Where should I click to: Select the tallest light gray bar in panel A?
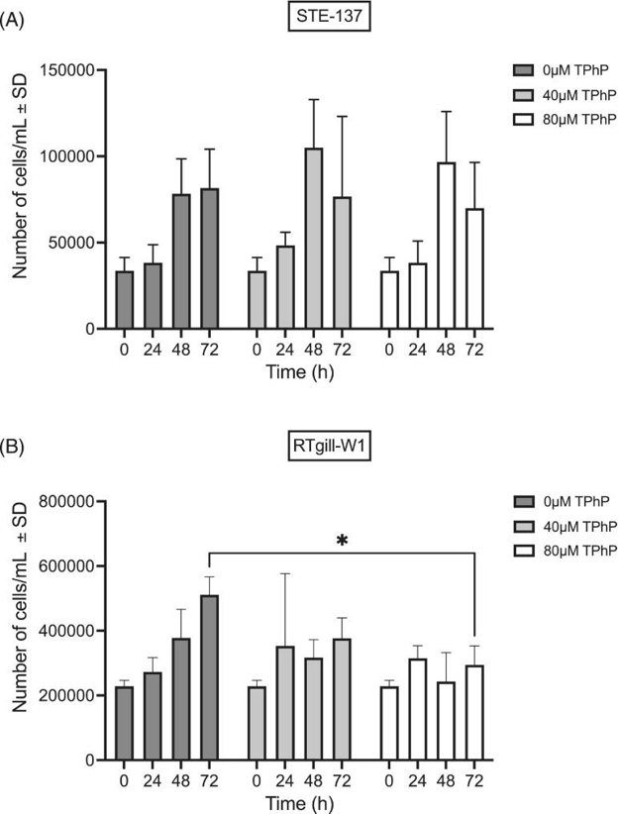pyautogui.click(x=313, y=238)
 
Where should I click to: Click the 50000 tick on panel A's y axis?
pyautogui.click(x=71, y=243)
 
